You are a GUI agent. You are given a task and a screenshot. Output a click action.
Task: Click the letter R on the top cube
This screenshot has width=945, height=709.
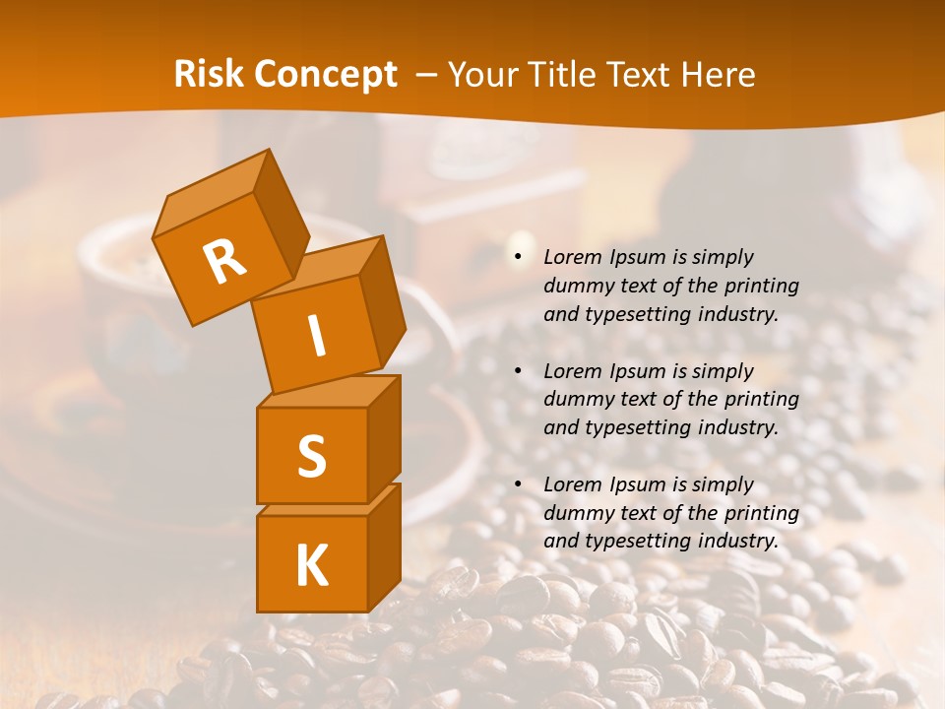pyautogui.click(x=224, y=262)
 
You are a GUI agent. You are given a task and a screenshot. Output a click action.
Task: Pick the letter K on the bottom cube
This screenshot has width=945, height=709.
pyautogui.click(x=311, y=566)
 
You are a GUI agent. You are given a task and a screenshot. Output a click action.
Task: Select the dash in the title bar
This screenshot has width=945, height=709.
pyautogui.click(x=425, y=75)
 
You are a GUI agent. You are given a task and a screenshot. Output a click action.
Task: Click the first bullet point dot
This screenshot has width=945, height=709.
pyautogui.click(x=519, y=258)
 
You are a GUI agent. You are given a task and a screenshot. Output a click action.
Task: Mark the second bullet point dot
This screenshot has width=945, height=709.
pyautogui.click(x=519, y=372)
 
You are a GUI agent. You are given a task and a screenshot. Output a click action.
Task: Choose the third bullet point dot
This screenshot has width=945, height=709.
pyautogui.click(x=519, y=485)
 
